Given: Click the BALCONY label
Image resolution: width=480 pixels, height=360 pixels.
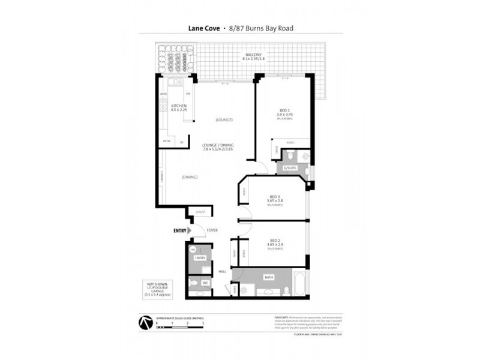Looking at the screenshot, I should coord(253,55).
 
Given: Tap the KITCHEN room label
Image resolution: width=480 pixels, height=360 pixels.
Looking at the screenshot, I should coord(179,106).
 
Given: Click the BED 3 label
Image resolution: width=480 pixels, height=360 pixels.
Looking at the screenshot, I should coord(275,196).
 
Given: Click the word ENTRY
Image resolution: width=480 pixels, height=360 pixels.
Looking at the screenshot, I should coord(179,230).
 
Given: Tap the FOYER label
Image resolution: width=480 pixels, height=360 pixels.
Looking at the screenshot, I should coord(211,230).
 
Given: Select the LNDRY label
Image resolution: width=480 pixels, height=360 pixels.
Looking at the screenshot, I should coord(200,258).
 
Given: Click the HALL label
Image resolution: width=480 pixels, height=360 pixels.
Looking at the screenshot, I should coord(223,271).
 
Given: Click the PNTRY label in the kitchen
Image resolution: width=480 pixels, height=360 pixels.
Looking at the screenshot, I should coord(167,141).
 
